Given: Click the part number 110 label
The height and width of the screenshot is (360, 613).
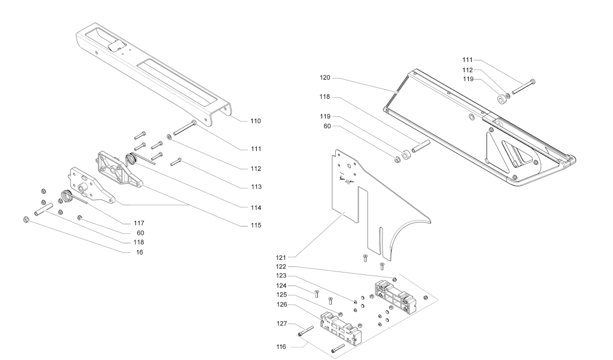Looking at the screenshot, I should (256, 121).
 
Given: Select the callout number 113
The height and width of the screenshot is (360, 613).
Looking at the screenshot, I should (256, 187).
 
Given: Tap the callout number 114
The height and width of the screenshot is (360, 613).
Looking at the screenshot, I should (256, 207).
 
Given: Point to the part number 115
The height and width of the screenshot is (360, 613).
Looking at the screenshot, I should (256, 226).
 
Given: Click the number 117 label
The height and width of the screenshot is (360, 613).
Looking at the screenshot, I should (139, 223).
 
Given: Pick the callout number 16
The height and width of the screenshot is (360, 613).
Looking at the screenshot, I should (139, 252).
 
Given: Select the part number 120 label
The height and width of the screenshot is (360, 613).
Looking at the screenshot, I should (324, 78).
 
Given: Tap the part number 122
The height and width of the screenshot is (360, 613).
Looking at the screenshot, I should (281, 266).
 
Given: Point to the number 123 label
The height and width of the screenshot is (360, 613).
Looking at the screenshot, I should (281, 276).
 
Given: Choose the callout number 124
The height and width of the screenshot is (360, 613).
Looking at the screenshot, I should (281, 285).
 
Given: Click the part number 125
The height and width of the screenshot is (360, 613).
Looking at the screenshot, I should (281, 295).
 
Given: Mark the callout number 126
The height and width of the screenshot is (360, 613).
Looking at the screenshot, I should (281, 304).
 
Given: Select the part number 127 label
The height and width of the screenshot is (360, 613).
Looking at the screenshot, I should (281, 324).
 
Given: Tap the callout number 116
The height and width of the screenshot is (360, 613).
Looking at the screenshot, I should (281, 346).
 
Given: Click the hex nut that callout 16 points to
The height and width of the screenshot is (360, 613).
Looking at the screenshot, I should (26, 219).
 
